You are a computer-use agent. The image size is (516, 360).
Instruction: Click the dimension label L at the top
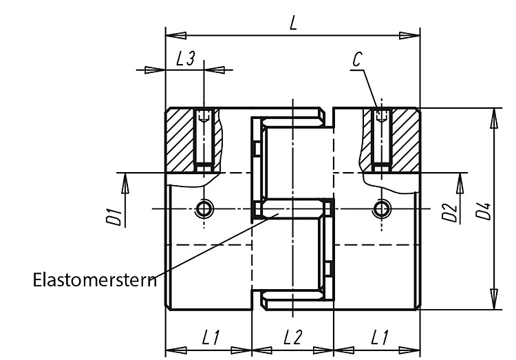293,23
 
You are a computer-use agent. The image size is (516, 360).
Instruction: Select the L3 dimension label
186,59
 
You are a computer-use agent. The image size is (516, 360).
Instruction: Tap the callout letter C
357,60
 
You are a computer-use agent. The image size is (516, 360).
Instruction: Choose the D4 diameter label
484,211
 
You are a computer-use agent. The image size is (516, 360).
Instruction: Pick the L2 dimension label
292,337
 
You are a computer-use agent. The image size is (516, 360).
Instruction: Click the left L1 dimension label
211,337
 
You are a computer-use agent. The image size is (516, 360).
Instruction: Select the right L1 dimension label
379,337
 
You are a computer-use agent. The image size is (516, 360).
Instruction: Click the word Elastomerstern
95,280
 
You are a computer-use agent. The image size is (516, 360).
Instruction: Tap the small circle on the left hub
204,209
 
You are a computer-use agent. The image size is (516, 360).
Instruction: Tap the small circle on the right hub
382,209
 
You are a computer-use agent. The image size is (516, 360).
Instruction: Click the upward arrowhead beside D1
125,184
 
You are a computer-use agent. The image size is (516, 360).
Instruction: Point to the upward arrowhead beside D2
460,184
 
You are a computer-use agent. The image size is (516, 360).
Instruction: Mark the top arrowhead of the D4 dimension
493,118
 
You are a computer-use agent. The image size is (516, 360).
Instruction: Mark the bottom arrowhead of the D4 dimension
493,299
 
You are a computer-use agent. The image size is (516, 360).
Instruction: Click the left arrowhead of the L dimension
175,36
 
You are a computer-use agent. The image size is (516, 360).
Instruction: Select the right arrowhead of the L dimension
410,36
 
